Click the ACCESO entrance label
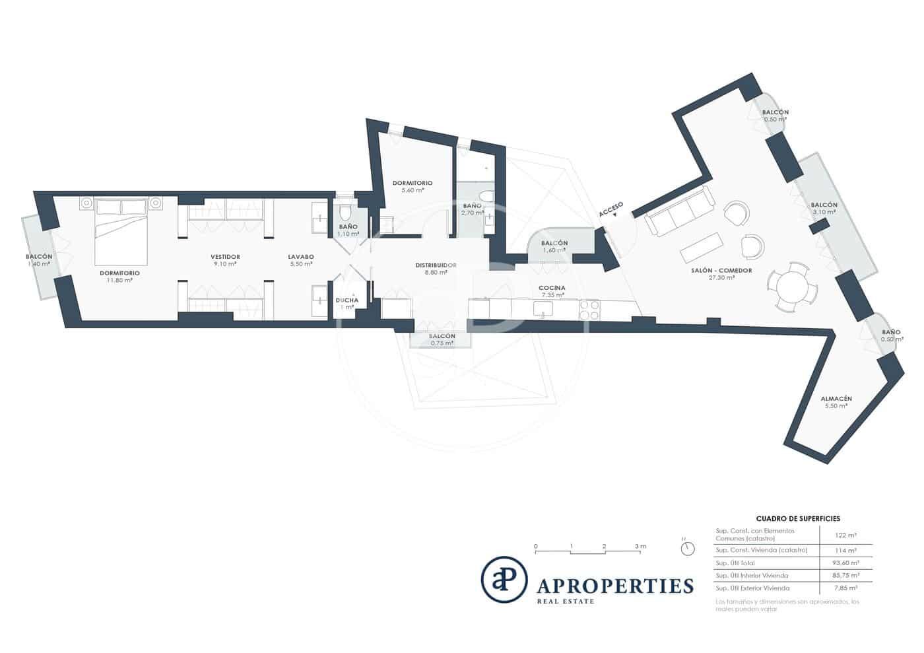[610, 210]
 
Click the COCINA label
[551, 288]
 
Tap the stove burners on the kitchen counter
[589, 310]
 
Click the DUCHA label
[346, 300]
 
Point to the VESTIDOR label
[225, 257]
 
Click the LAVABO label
[300, 257]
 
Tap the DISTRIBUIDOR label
[436, 265]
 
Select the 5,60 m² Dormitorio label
[412, 183]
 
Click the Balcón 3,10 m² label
[824, 205]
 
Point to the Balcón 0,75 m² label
[442, 336]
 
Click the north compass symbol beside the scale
[688, 549]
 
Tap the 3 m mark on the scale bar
[639, 547]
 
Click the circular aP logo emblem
[504, 580]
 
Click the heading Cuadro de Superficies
[797, 519]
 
